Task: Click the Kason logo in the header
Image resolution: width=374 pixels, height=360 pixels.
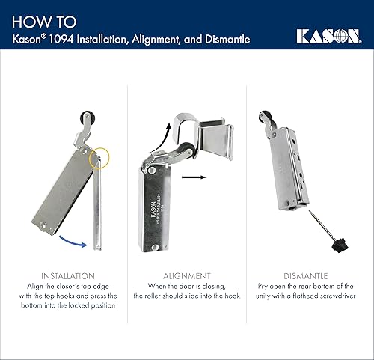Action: [327, 35]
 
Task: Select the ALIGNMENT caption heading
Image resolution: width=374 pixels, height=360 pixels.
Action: [186, 276]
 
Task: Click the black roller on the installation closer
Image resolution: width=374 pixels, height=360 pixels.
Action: [85, 118]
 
